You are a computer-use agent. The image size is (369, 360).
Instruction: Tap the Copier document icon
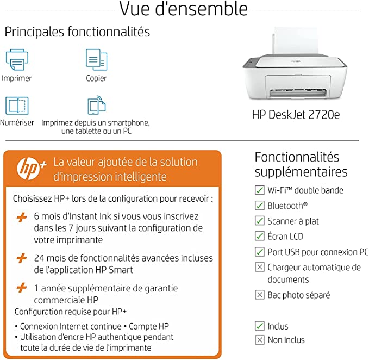click(96, 59)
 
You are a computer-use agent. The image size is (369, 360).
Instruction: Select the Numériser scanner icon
click(16, 105)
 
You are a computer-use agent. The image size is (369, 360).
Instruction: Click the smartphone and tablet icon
click(96, 105)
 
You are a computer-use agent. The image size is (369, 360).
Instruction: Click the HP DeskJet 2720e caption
click(296, 115)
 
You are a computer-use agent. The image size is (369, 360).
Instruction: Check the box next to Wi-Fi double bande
click(260, 190)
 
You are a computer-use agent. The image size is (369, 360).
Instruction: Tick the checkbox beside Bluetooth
click(260, 206)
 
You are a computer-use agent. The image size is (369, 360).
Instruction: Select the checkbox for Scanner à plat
click(260, 221)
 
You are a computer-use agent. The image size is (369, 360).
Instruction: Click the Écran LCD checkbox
click(260, 236)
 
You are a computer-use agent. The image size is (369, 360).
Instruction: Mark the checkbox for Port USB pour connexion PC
click(260, 252)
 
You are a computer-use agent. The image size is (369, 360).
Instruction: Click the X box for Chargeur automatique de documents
click(260, 267)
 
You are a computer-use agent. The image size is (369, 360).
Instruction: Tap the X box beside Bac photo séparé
click(260, 295)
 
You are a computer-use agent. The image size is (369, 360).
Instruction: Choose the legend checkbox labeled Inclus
click(260, 326)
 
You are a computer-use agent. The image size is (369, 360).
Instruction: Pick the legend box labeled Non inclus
click(260, 340)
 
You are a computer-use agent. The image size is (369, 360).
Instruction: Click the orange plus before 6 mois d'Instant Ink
click(22, 217)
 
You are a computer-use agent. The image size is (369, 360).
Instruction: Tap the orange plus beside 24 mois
click(22, 258)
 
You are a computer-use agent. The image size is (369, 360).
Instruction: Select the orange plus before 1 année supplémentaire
click(22, 288)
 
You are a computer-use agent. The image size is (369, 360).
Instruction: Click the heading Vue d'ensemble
click(183, 9)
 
